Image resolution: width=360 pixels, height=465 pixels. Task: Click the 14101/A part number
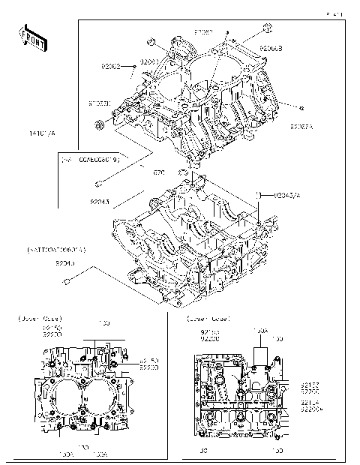[43, 133]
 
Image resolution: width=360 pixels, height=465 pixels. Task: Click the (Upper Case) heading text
[38, 318]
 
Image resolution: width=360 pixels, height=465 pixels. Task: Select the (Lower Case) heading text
[208, 318]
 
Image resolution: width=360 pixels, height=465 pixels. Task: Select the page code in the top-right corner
[334, 13]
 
